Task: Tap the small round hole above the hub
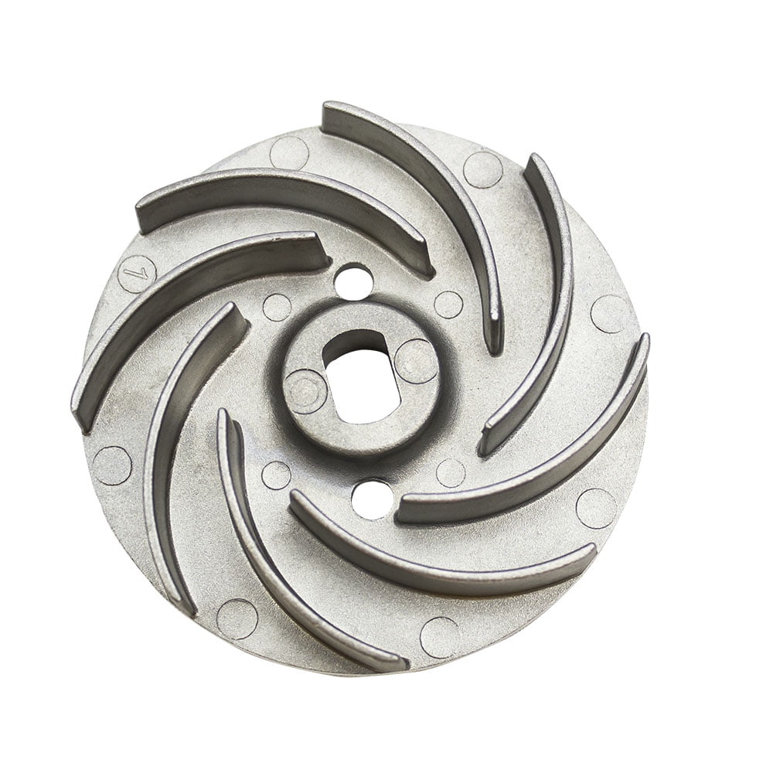[353, 280]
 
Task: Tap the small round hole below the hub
[370, 499]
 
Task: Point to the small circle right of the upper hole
[448, 305]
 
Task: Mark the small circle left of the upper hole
[277, 307]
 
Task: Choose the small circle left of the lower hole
[276, 475]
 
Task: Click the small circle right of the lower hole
[451, 472]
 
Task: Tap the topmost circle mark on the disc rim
[289, 152]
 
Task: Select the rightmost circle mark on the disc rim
[610, 313]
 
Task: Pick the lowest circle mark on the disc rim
[440, 637]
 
